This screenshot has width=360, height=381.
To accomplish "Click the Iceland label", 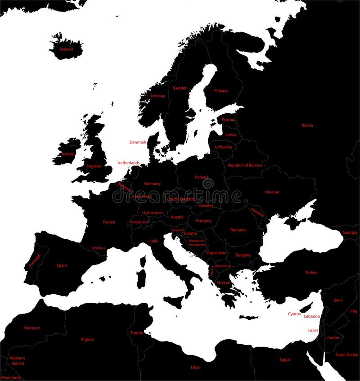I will [66, 49].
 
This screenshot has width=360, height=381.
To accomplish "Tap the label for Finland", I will [221, 91].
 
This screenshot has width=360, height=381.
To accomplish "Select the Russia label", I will [307, 125].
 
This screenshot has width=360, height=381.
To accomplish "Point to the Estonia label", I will [229, 120].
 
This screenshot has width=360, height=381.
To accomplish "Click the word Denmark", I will [138, 142].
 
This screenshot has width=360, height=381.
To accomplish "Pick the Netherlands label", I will [128, 162].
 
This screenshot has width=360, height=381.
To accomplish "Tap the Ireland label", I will [68, 154].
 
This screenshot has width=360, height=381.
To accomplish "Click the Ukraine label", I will [272, 192].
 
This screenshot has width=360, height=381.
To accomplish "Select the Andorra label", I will [99, 248].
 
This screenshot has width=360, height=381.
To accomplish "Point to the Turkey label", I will [311, 272].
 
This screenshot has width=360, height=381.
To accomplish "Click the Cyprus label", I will [294, 314].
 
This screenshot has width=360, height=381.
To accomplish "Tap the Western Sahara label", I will [18, 360].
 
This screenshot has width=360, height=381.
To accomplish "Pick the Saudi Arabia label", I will [346, 354].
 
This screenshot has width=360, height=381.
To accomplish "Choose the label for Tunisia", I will [137, 333].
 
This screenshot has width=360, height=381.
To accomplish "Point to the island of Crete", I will [248, 317].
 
